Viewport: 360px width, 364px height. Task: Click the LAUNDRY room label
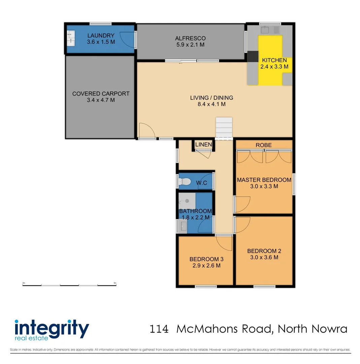[101, 35]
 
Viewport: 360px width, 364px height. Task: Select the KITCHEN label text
[274, 60]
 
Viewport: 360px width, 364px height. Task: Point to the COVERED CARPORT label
[101, 94]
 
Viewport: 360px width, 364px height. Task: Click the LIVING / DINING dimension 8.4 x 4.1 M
[211, 104]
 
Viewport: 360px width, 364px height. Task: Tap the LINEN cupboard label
[204, 145]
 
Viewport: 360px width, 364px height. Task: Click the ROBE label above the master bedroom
[263, 145]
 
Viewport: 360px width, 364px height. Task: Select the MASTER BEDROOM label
[264, 180]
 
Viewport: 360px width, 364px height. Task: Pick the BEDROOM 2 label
[264, 251]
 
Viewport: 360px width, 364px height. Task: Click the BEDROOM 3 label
[206, 259]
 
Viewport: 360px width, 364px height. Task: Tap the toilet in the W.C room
[184, 182]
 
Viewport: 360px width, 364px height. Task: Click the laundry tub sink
[71, 38]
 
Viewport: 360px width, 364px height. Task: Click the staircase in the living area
[224, 128]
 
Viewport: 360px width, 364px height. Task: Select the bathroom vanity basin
[184, 226]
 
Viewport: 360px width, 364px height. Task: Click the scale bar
[69, 285]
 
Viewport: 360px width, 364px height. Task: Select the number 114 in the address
[159, 329]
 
